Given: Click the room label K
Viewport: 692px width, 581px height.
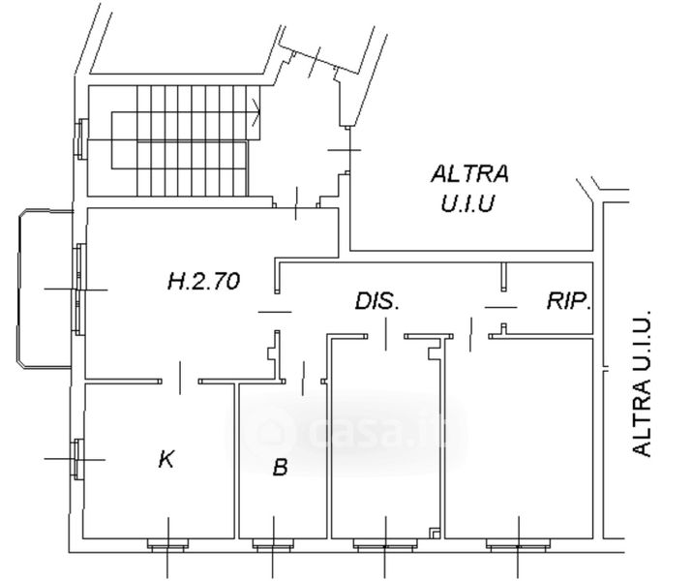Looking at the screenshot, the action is (165, 459).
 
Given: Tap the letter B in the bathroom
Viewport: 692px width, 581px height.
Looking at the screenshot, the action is (281, 468).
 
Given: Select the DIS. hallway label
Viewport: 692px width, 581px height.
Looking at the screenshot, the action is (376, 301).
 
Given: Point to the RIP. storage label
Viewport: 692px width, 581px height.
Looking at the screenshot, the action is (569, 300).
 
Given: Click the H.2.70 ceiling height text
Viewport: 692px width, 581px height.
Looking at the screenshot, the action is (204, 281).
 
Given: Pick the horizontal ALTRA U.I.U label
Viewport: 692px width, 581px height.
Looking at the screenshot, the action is (469, 188).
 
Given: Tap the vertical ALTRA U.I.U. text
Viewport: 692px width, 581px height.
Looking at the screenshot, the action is (642, 383).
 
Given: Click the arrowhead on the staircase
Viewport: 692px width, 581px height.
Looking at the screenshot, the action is (256, 111).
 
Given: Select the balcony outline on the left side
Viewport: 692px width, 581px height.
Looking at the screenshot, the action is (45, 290).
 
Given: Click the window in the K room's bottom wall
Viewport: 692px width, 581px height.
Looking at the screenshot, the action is (167, 546).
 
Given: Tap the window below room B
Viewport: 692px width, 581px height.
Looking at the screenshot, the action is (272, 546).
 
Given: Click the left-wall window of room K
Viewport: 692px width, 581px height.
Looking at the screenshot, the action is (78, 459).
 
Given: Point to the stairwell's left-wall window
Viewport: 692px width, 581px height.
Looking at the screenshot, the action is (80, 138).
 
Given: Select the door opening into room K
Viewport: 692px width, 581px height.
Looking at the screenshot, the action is (180, 379).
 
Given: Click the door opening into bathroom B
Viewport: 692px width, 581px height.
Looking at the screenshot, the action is (303, 379).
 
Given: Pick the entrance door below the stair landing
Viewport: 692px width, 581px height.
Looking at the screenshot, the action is (296, 203).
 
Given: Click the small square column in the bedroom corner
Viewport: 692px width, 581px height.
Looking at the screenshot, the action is (435, 534).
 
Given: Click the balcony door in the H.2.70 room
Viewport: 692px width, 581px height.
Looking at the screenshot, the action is (79, 290).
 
